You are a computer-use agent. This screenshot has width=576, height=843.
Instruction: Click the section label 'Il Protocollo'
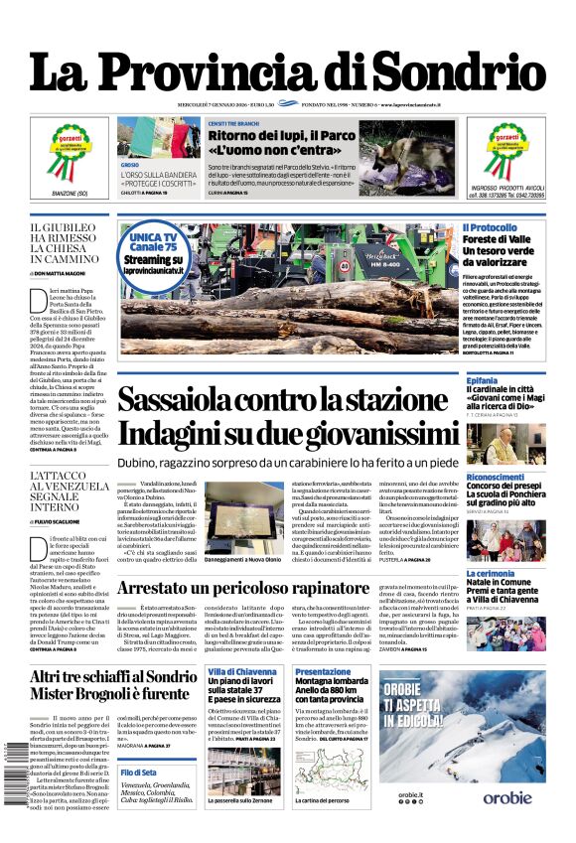click(490, 228)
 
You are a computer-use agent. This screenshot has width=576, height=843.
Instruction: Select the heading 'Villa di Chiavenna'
click(242, 672)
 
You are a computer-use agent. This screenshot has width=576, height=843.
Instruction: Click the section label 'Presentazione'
click(323, 672)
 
